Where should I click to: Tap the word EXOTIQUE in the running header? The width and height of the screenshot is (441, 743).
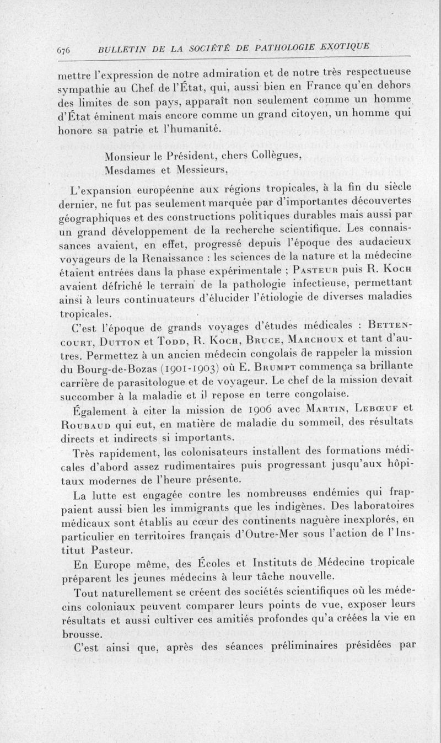click(342, 46)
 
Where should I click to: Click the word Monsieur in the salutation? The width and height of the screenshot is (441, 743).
click(128, 155)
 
